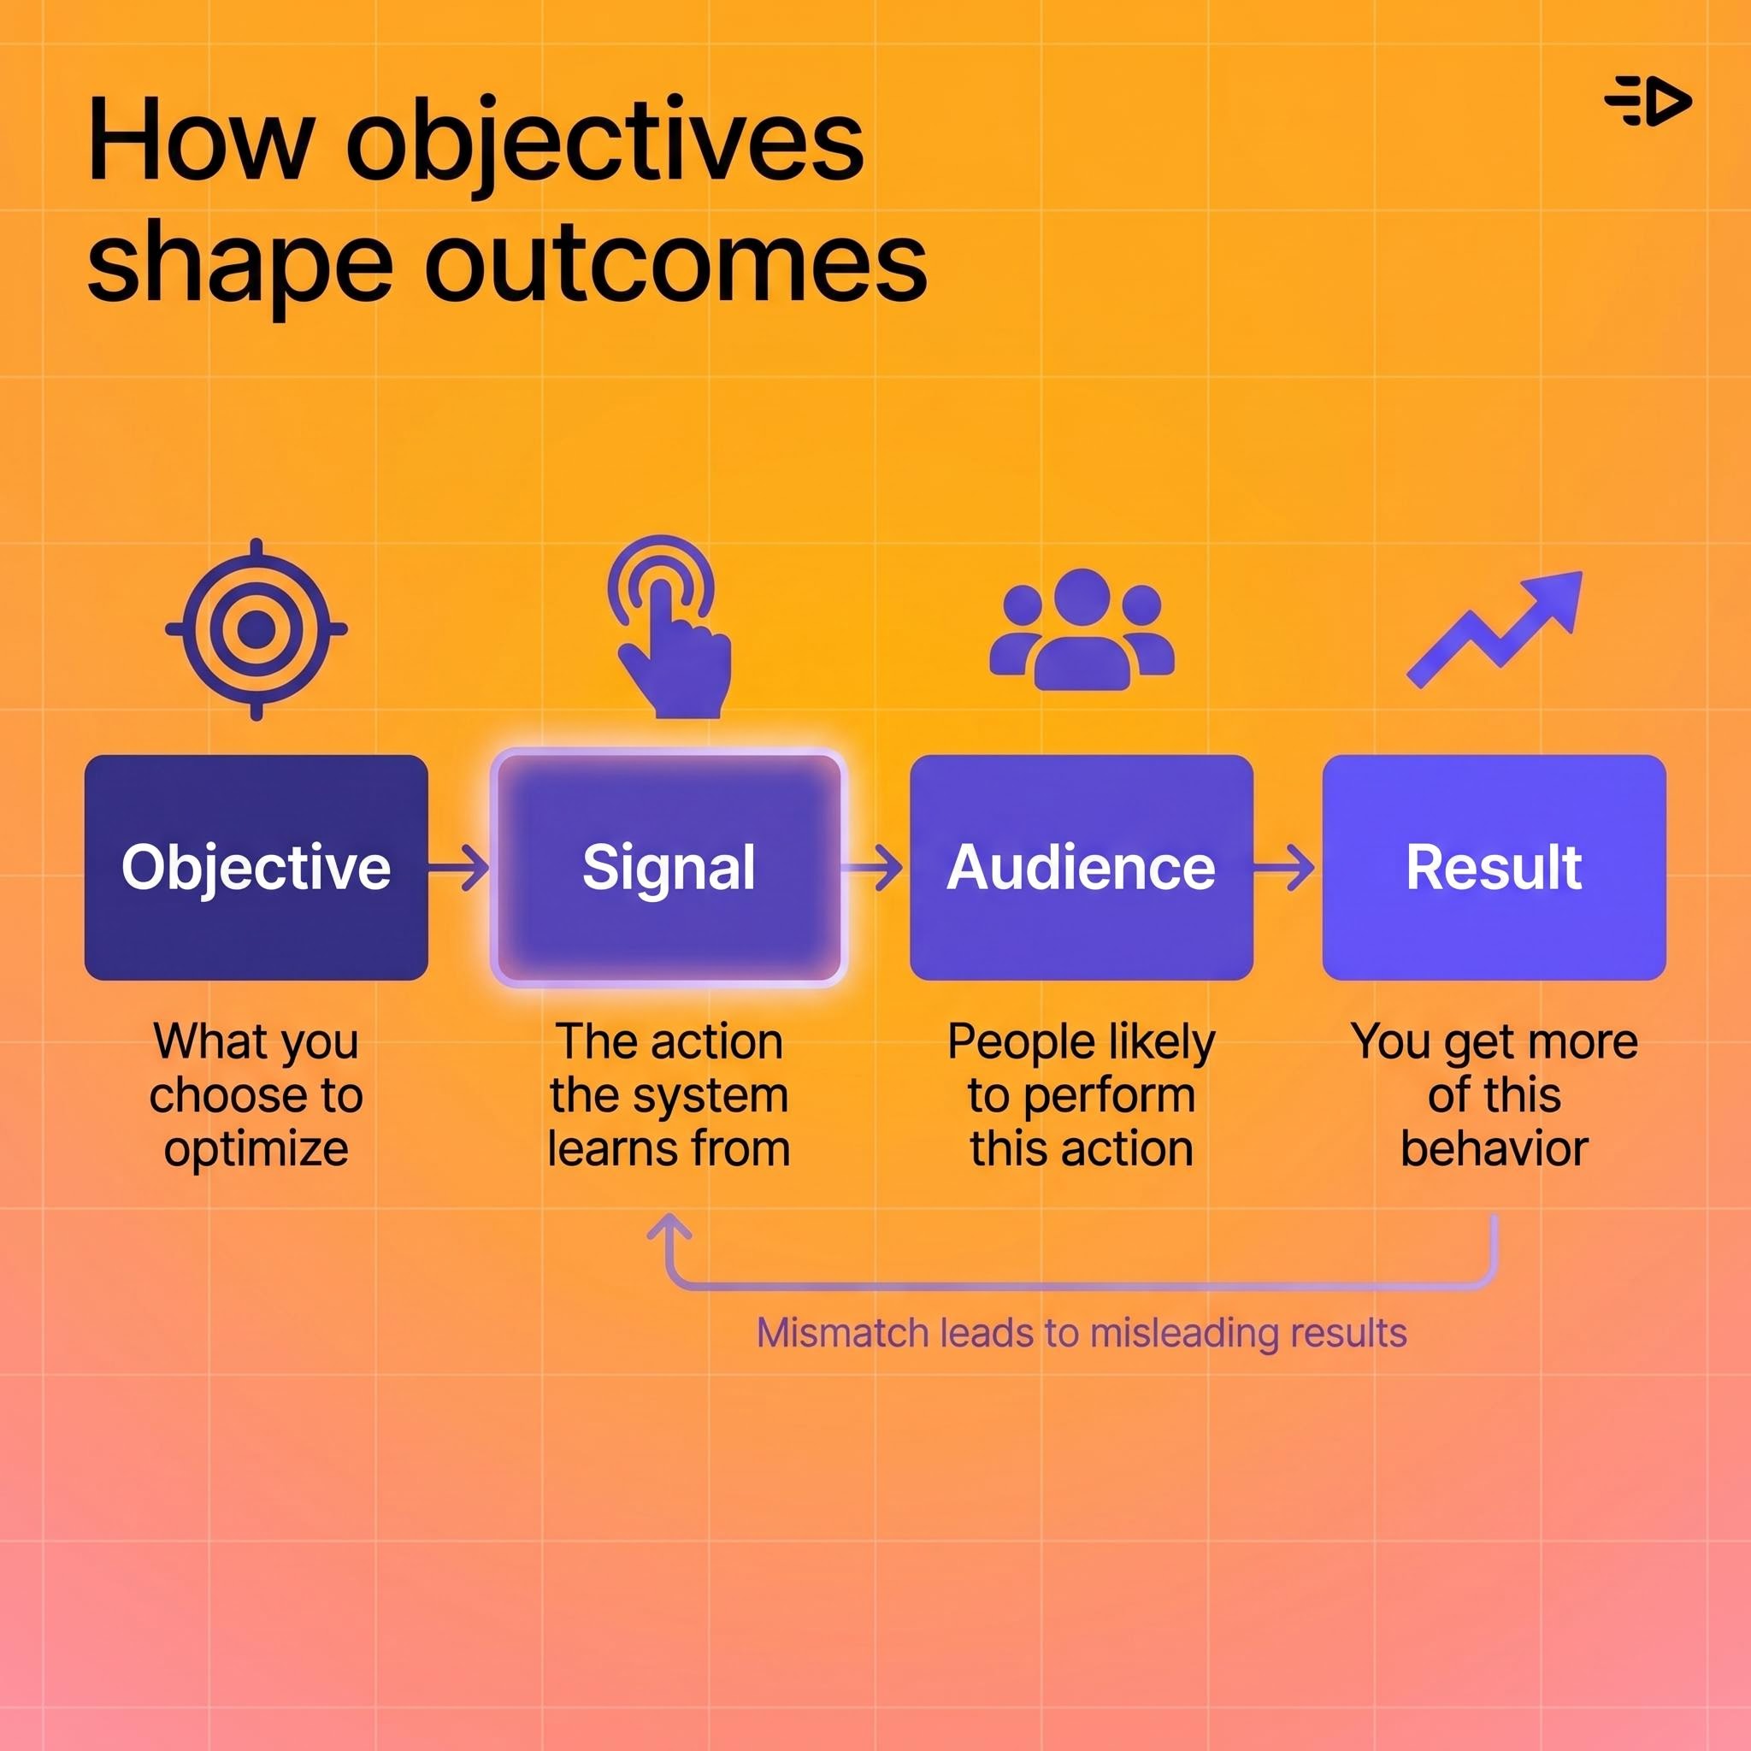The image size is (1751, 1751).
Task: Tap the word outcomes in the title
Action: point(675,262)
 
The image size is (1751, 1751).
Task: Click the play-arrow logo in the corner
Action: point(1647,101)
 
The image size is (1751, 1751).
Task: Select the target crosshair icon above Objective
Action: point(256,629)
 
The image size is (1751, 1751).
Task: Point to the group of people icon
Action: point(1082,630)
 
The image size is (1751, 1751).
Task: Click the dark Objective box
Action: point(256,867)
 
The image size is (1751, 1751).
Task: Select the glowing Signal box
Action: point(669,867)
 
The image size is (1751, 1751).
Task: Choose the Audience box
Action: point(1082,867)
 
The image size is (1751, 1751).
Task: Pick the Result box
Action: point(1494,867)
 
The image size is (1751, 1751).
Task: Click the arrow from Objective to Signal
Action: point(459,867)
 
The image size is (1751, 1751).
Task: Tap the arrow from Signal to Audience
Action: point(873,867)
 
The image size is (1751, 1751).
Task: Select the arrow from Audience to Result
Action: point(1285,867)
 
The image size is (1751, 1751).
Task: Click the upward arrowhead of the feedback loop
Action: point(669,1227)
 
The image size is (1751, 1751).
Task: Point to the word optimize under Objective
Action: point(256,1149)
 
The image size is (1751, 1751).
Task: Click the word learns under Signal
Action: point(601,1149)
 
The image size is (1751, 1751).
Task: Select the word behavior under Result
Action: point(1494,1149)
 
